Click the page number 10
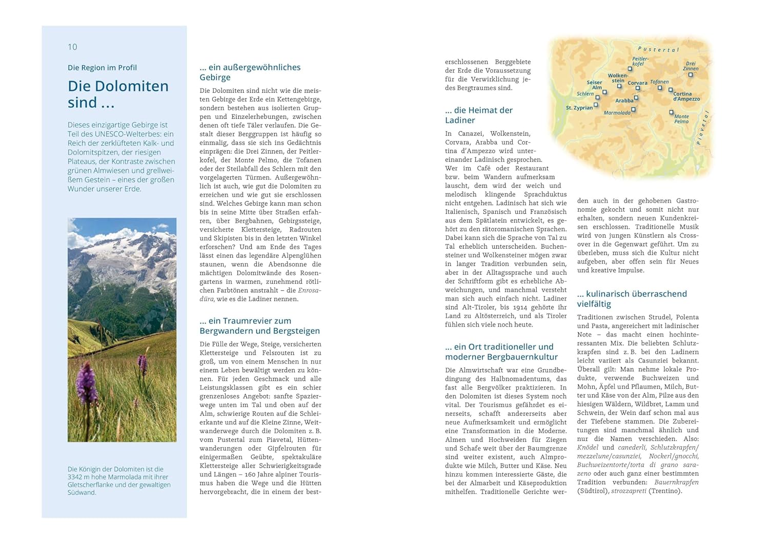click(72, 47)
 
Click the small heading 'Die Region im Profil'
click(102, 68)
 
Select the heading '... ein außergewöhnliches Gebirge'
click(250, 72)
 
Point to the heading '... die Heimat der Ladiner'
click(478, 115)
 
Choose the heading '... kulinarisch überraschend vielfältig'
click(632, 299)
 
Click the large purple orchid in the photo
click(87, 382)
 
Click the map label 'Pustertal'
click(658, 49)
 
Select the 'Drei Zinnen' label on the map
click(691, 66)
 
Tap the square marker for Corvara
click(638, 88)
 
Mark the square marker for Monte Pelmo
click(671, 112)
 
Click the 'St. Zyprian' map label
click(579, 108)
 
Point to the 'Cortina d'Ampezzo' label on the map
click(686, 96)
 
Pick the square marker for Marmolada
click(634, 109)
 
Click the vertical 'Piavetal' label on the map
click(703, 128)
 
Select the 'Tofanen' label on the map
click(659, 82)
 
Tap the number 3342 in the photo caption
click(76, 477)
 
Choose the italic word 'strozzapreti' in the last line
click(629, 491)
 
